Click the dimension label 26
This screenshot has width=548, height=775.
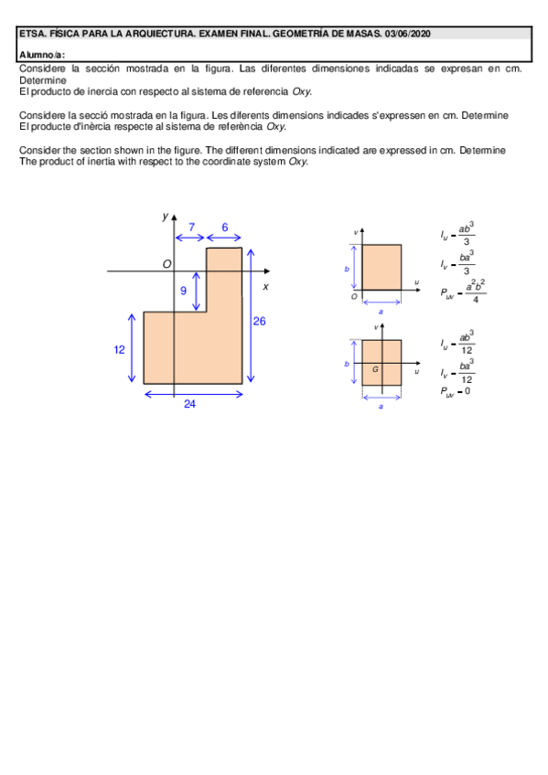coord(259,321)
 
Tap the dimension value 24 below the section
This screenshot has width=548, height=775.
coord(189,404)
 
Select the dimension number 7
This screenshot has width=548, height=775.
coord(191,227)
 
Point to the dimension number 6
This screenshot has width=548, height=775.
coord(224,227)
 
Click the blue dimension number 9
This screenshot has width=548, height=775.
coord(183,291)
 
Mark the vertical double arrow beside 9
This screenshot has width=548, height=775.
coord(197,291)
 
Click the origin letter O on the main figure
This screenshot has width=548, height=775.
coord(167,264)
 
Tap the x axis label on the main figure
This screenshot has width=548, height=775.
coord(265,286)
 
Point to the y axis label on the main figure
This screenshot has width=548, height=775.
coord(165,217)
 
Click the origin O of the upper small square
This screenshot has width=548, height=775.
coord(354,296)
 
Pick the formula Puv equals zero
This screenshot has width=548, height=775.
coord(456,391)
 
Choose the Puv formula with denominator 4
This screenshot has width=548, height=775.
coord(463,292)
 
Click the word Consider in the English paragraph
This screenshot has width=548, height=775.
coord(38,150)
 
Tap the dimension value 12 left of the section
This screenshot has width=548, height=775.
coord(120,349)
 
